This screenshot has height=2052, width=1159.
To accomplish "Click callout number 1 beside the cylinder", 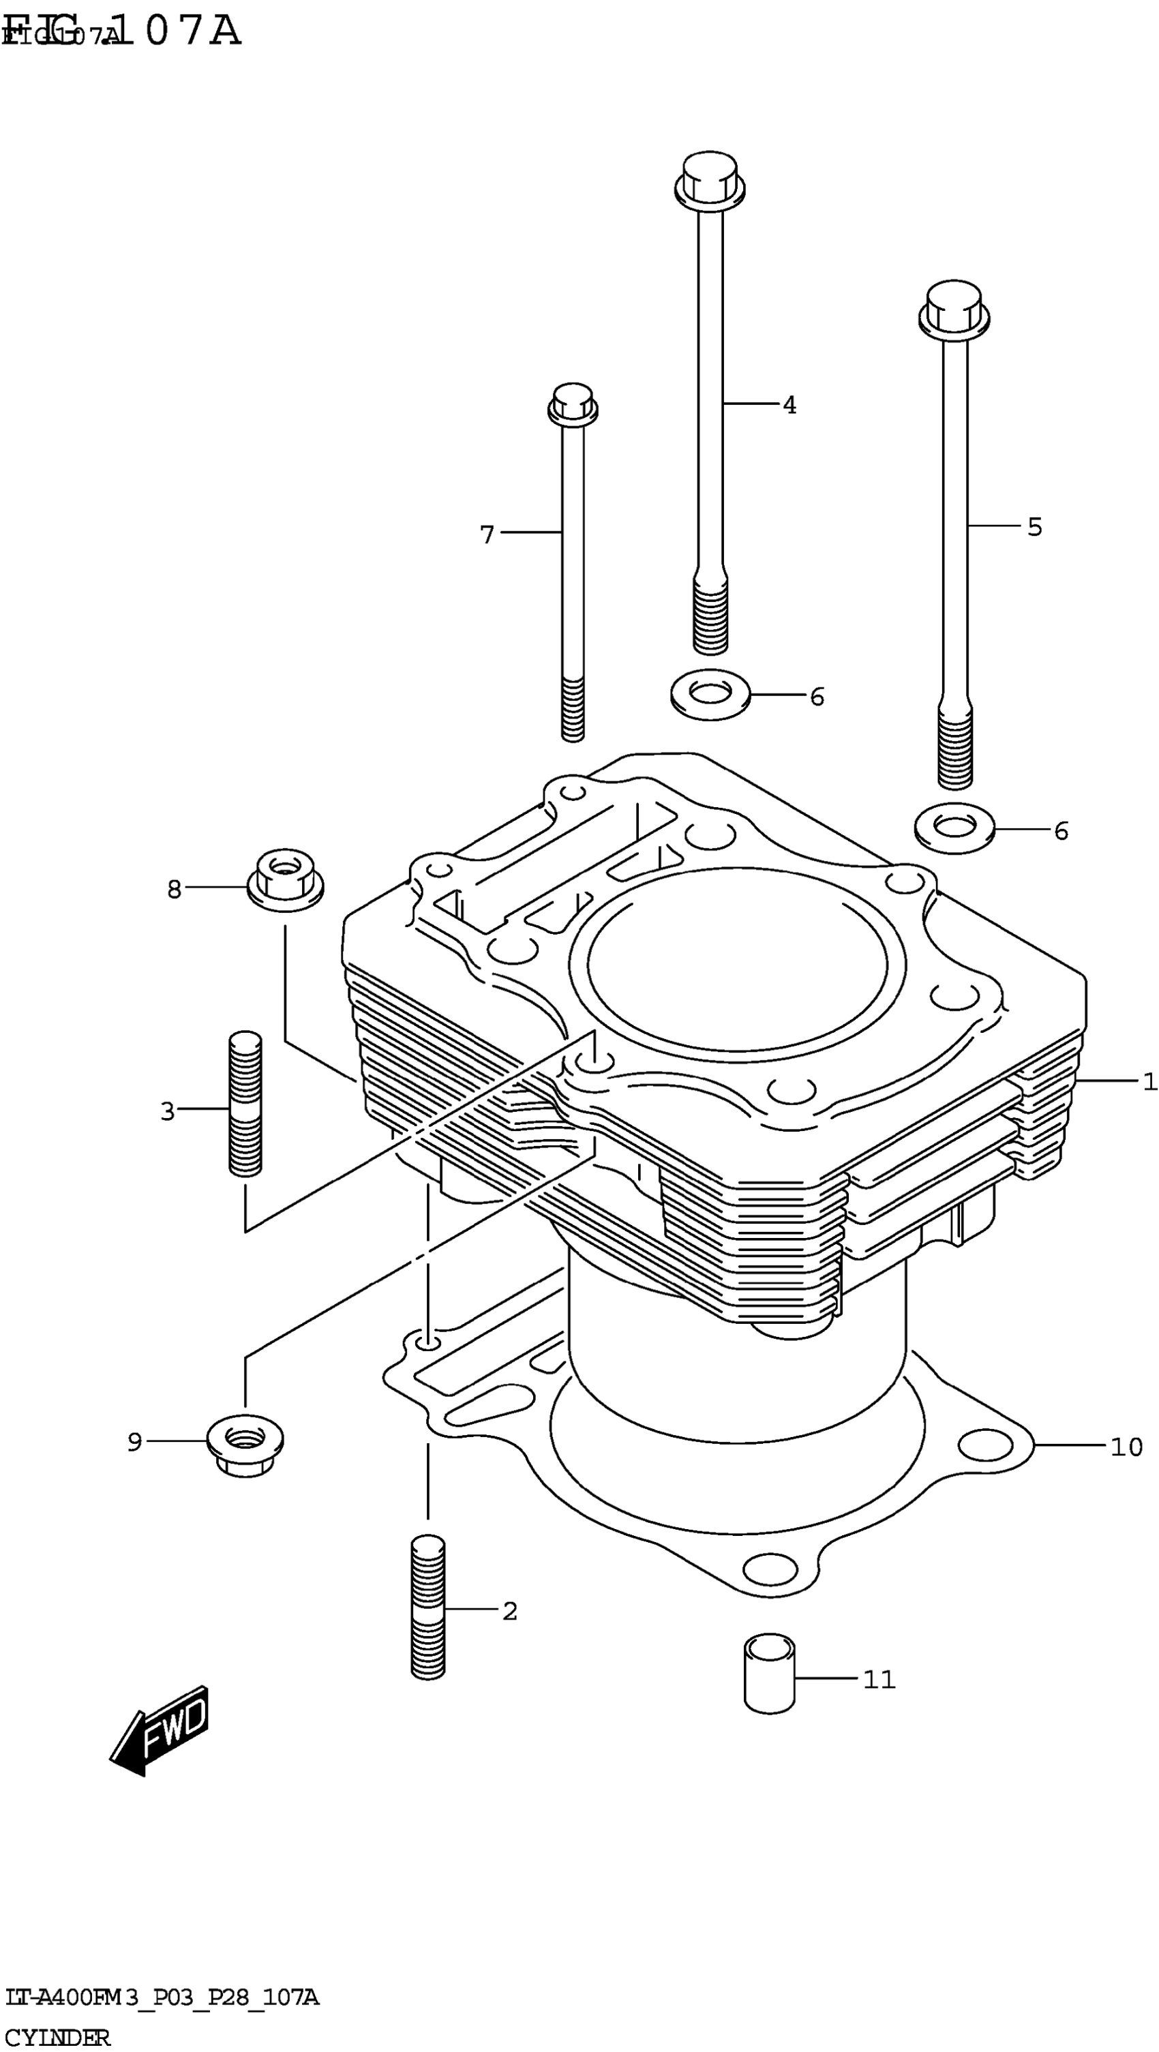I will click(1149, 1081).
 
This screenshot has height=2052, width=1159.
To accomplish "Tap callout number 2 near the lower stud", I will click(510, 1611).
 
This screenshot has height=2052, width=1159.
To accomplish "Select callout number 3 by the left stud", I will click(167, 1111).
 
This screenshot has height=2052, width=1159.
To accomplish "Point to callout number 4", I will click(789, 406).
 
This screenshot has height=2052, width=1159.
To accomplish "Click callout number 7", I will click(487, 534).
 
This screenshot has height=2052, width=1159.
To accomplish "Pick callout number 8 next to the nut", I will click(175, 888).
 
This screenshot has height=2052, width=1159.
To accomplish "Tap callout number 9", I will click(134, 1442).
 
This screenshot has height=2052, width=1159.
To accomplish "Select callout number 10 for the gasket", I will click(1126, 1446).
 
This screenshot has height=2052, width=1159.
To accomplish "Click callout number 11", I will click(879, 1679).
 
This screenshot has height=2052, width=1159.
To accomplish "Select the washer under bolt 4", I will click(710, 695).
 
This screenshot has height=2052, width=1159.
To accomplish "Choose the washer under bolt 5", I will click(954, 828).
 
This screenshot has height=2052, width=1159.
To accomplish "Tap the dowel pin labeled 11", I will click(770, 1673).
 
